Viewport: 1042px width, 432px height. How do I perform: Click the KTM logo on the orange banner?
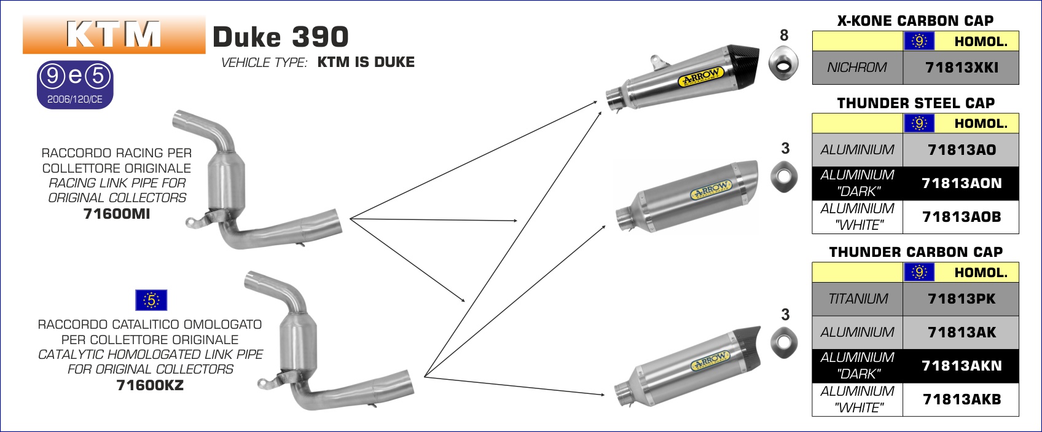coord(114,34)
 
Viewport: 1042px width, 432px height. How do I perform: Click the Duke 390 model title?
coord(281,37)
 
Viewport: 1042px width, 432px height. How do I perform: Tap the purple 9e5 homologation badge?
coord(75,85)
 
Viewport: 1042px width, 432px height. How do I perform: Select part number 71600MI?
coord(117,214)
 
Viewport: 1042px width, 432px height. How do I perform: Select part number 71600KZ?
coord(150,385)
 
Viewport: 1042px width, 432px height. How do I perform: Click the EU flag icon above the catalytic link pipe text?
coord(151,300)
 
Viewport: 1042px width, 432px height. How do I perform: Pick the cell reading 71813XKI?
coord(961,68)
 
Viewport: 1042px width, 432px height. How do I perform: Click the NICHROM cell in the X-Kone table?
coord(857,68)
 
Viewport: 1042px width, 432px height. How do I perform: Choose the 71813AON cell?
coord(961,183)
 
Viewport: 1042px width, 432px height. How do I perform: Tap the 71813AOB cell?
coord(961,217)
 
